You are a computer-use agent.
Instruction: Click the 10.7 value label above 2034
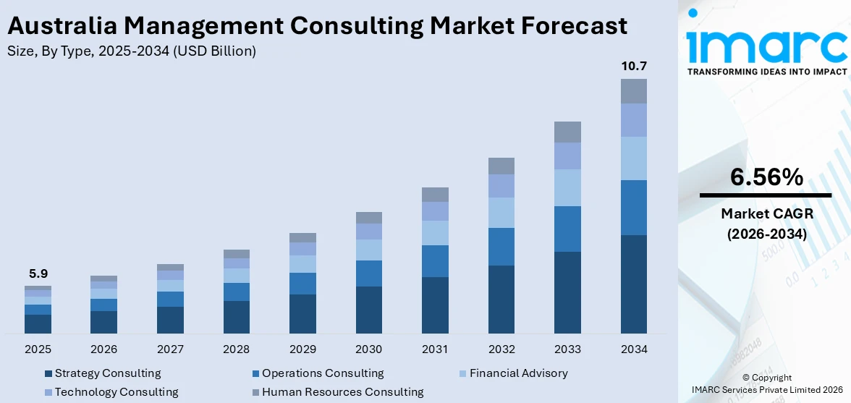click(633, 67)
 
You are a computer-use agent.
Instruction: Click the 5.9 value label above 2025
click(38, 273)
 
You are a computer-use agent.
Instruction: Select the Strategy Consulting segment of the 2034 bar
click(633, 284)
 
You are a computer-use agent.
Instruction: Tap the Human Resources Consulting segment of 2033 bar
click(567, 132)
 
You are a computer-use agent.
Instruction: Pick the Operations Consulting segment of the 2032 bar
click(501, 247)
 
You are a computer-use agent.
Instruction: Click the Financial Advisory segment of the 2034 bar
click(633, 158)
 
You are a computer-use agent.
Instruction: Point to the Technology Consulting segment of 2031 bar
click(435, 211)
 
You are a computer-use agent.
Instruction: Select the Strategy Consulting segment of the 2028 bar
click(236, 317)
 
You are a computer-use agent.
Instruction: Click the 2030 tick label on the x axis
click(368, 349)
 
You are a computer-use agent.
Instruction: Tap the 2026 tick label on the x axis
click(103, 349)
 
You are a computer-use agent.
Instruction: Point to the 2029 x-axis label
click(302, 349)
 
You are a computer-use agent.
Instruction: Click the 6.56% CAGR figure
click(766, 177)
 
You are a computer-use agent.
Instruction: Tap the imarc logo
click(766, 45)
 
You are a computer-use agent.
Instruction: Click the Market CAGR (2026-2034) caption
click(766, 224)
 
